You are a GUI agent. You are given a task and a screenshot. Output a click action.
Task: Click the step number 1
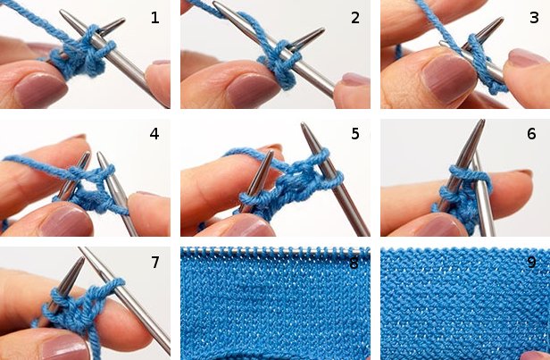[154, 18]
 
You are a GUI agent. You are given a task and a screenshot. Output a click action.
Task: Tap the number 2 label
[354, 18]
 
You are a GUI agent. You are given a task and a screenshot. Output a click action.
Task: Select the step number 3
[533, 18]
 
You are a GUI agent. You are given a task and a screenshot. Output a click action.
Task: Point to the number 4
[154, 136]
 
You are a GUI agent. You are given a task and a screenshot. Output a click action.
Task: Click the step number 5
[354, 135]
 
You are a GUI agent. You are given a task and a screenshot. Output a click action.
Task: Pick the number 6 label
[532, 135]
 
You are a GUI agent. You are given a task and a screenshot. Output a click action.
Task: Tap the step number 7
[154, 262]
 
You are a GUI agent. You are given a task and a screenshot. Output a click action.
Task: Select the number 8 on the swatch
[354, 263]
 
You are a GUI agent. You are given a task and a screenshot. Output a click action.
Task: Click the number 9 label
[532, 263]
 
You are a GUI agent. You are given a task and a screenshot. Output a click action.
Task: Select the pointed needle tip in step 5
[306, 130]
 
